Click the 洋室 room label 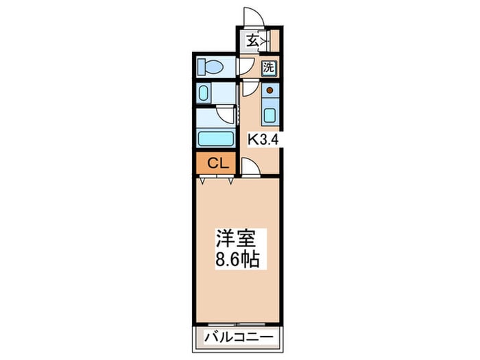(236, 238)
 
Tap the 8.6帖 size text (237, 260)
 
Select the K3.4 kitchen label (263, 140)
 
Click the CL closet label (218, 163)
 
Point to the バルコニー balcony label (239, 337)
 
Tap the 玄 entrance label (252, 40)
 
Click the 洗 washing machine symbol (269, 67)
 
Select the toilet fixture (210, 67)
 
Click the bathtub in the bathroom (215, 139)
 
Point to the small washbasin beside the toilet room (203, 93)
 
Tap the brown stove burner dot (269, 91)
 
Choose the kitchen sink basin (270, 115)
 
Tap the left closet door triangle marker (202, 181)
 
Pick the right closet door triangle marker (230, 181)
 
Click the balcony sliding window (237, 324)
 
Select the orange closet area (216, 163)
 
